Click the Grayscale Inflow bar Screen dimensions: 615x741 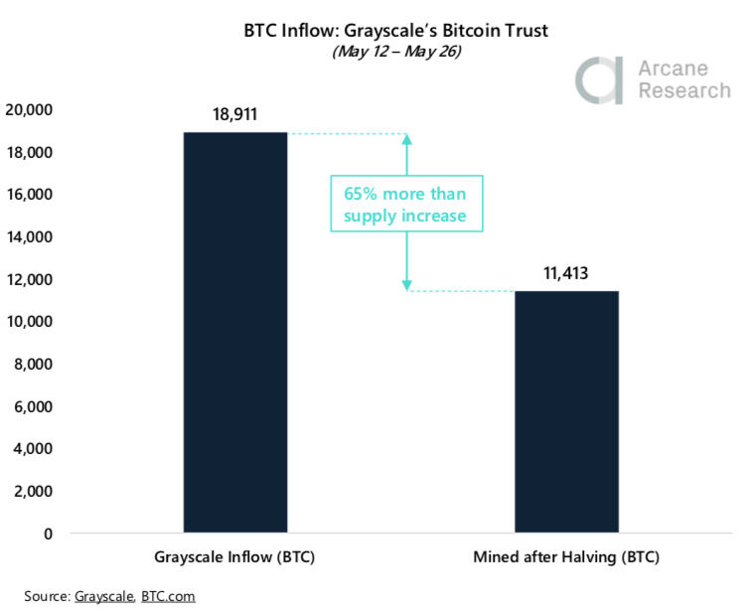pyautogui.click(x=234, y=333)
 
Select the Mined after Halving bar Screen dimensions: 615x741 pyautogui.click(x=566, y=411)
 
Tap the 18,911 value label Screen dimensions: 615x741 pyautogui.click(x=234, y=114)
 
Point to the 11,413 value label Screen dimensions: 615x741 pyautogui.click(x=566, y=273)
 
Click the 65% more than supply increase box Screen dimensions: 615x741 pyautogui.click(x=405, y=204)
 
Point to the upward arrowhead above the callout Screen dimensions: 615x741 pyautogui.click(x=405, y=140)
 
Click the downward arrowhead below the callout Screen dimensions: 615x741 pyautogui.click(x=405, y=285)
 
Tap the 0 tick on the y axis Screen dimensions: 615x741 pyautogui.click(x=49, y=534)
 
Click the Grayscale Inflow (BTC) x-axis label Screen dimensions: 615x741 pyautogui.click(x=234, y=557)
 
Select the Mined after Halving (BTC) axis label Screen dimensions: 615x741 pyautogui.click(x=566, y=557)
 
